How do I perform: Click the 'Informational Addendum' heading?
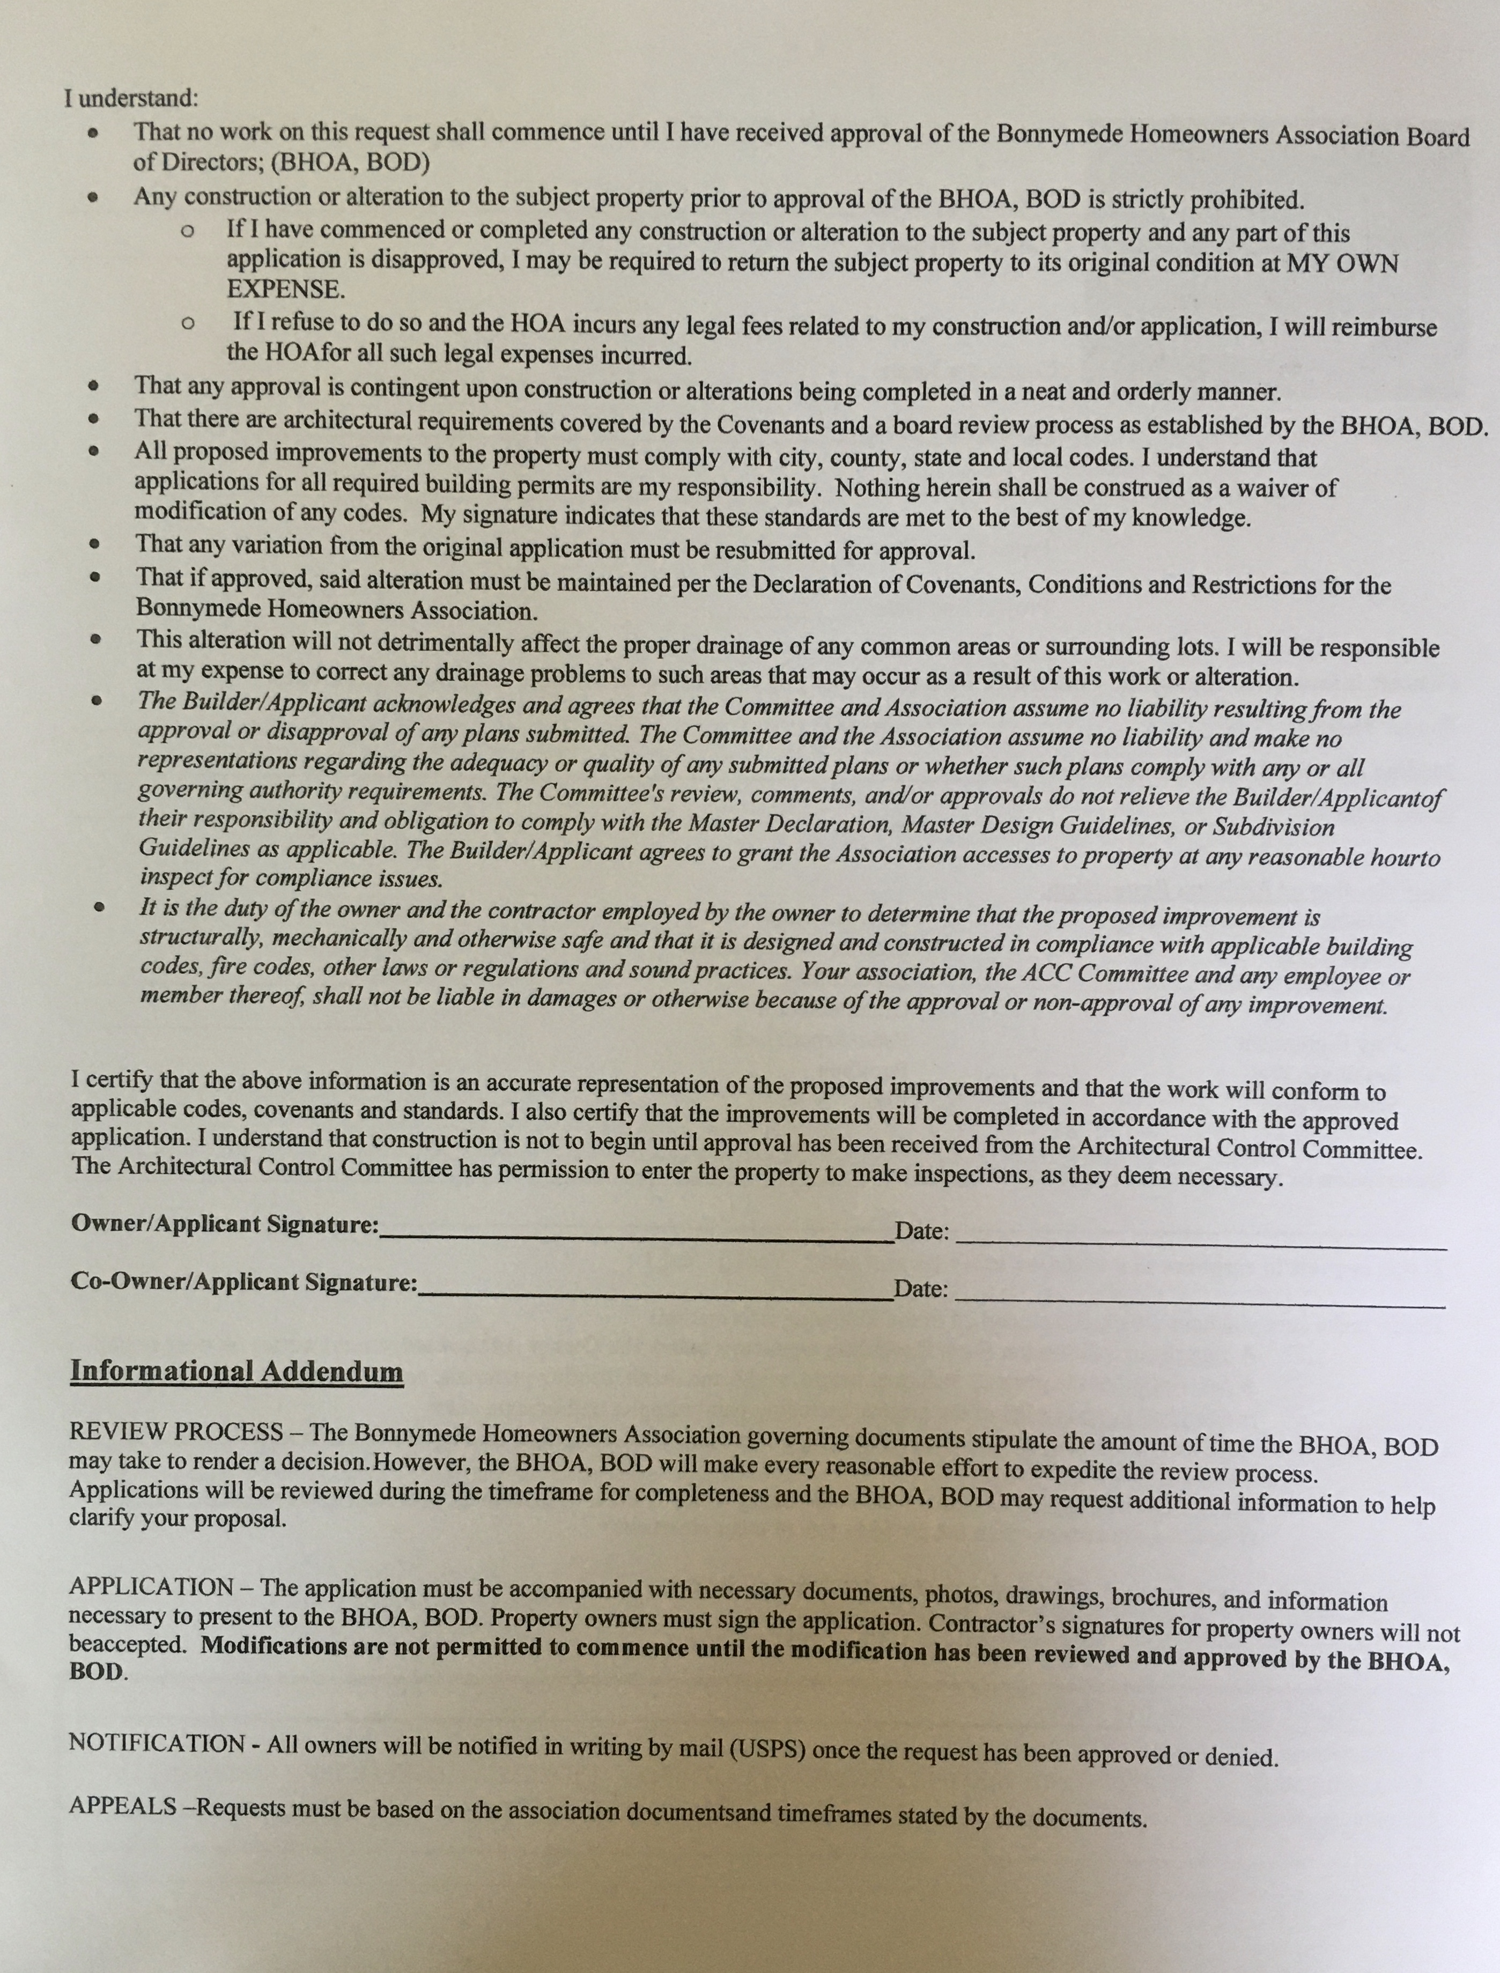[237, 1371]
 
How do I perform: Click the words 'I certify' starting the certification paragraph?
[113, 1080]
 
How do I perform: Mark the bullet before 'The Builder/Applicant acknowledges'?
[97, 701]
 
